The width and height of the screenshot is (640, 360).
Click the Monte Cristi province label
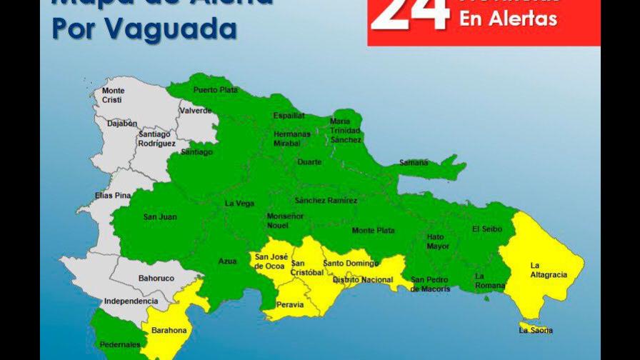click(113, 95)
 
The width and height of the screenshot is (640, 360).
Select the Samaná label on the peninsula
click(414, 163)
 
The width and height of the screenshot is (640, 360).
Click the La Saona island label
click(536, 330)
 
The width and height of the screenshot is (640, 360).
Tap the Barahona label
click(169, 330)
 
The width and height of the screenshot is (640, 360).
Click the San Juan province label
click(160, 216)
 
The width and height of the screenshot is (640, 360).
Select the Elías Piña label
click(114, 195)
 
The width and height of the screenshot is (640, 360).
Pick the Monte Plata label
click(373, 230)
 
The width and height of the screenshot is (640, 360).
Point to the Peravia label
click(289, 305)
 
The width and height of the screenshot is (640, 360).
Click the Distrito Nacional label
click(363, 280)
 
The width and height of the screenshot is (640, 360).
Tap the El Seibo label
click(487, 229)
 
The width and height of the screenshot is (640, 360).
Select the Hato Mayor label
click(438, 241)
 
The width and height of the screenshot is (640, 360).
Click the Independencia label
click(131, 301)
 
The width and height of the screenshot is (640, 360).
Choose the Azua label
click(227, 261)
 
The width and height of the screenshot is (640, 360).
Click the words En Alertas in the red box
click(508, 19)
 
